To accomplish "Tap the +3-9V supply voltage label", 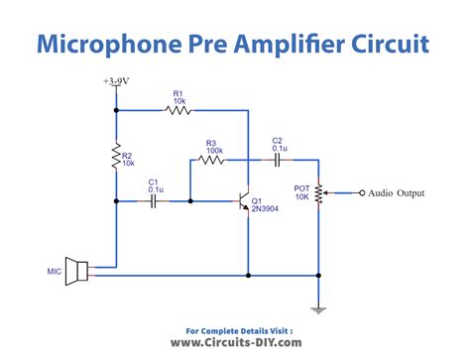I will [x=117, y=82].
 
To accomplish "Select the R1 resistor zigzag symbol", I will [x=177, y=111].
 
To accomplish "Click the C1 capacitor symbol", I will [x=155, y=200].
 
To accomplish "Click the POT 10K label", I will [x=303, y=192].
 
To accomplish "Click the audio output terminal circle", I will [x=362, y=192].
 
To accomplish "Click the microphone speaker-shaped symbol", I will [x=77, y=271].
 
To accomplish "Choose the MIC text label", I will [x=54, y=270].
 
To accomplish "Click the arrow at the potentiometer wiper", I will [x=327, y=192].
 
